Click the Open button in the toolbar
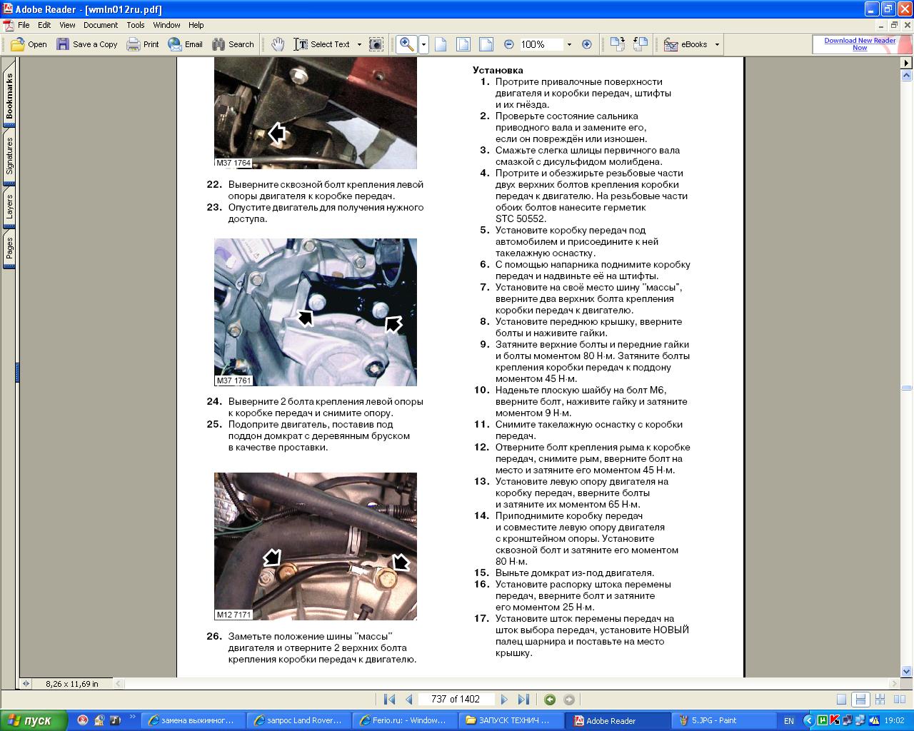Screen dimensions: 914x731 coord(29,44)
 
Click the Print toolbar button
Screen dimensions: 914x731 coord(143,44)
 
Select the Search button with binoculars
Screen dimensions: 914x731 coord(233,44)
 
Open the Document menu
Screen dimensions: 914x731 coord(100,25)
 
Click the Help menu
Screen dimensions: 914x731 coord(196,25)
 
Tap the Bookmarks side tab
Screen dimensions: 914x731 coord(9,96)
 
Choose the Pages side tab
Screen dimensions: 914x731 coord(9,248)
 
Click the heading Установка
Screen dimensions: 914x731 coord(498,70)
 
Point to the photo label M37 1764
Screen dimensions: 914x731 coord(233,163)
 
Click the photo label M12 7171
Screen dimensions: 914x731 coord(233,614)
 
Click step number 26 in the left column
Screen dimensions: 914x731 coord(214,636)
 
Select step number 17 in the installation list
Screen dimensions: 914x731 coord(481,618)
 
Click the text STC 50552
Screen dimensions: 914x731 coord(521,218)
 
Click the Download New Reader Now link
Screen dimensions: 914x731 coord(860,44)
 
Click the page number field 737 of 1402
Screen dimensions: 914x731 coord(456,699)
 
